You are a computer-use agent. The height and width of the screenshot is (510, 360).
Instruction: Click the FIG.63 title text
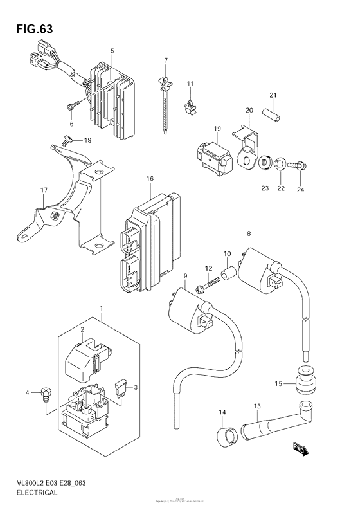coord(30,29)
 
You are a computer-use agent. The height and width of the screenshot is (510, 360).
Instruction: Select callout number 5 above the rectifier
coord(112,50)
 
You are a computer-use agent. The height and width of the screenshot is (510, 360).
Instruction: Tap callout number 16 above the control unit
coord(149,178)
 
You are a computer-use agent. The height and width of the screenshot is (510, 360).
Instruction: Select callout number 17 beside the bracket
coord(44,190)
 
